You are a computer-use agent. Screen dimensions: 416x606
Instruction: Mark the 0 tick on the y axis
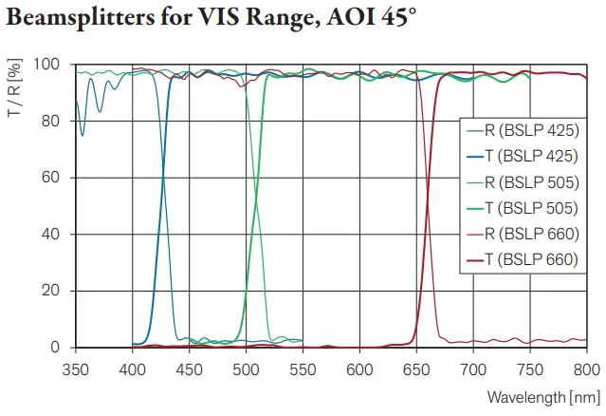coord(59,348)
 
